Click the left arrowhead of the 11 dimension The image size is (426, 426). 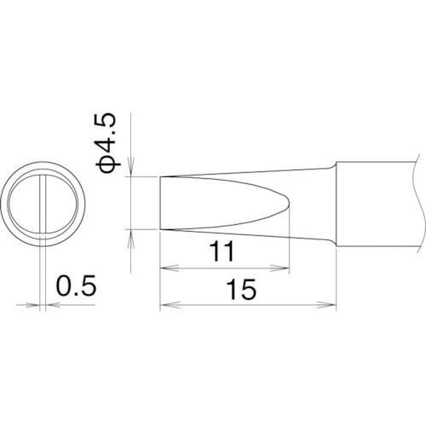coord(165,268)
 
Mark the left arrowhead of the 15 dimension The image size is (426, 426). coord(165,304)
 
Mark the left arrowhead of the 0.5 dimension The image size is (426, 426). coord(37,304)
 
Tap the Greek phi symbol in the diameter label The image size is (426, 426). coord(111,164)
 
